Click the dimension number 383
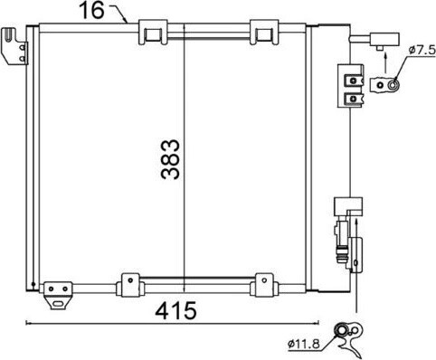170,159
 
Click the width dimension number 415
175,311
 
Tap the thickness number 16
91,10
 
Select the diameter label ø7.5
422,50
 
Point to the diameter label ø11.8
304,344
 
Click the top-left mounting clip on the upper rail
153,32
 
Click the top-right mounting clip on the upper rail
264,32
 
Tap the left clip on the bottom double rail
130,285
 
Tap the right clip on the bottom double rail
263,285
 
